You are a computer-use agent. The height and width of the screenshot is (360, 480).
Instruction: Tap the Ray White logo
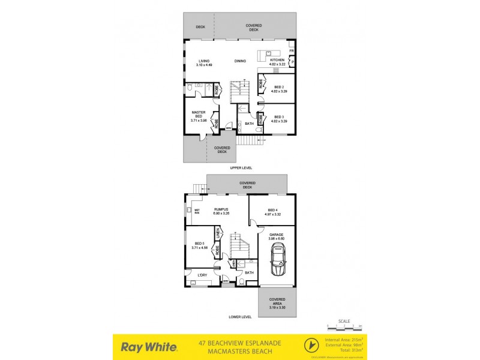coord(149,347)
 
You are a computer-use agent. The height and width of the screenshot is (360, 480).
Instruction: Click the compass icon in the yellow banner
coord(310,346)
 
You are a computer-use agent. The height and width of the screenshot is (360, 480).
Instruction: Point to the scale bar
coord(344,326)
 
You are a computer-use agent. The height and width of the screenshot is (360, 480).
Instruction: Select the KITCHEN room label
coord(277,61)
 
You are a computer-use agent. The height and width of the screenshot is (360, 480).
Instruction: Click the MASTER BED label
coord(199,114)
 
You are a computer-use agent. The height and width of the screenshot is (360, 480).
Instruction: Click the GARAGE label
coord(276,235)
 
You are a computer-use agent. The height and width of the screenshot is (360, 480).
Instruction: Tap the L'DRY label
coord(202,275)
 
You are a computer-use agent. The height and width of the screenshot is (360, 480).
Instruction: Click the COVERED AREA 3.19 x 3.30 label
coord(277,301)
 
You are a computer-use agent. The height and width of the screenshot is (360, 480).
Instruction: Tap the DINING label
coord(240,61)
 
